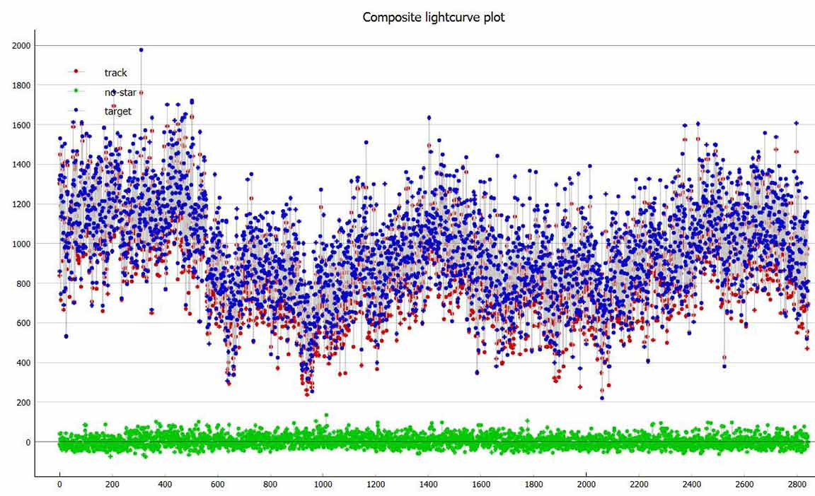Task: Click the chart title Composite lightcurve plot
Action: point(433,17)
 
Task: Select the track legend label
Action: point(115,73)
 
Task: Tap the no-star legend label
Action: point(120,92)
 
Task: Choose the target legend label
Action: point(117,111)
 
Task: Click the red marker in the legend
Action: point(76,71)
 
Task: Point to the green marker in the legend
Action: point(76,90)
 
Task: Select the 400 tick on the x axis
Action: point(165,485)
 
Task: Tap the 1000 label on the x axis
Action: point(323,485)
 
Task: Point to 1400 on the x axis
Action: point(428,485)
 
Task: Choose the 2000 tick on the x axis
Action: point(586,485)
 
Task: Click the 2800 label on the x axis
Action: point(797,485)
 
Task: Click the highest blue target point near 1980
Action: point(141,50)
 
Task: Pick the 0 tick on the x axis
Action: point(59,485)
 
